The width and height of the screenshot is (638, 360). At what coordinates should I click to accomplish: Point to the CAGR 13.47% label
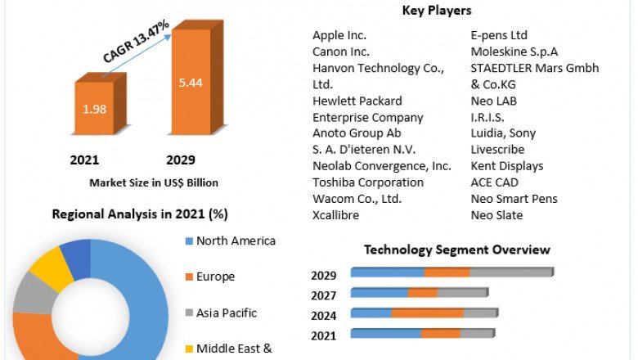point(137,43)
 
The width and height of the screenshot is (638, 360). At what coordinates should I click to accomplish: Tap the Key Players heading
point(437,11)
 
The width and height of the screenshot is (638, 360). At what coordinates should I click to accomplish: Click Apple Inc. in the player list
point(339,35)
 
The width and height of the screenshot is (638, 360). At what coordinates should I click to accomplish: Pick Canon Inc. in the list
point(341,52)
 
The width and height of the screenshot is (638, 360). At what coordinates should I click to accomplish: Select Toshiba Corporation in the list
point(368,182)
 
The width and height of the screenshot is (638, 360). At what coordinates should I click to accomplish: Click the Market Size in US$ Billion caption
point(154,182)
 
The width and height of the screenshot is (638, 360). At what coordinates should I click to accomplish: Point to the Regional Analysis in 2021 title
point(140,214)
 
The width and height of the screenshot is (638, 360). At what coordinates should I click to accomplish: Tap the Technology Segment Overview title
point(457,250)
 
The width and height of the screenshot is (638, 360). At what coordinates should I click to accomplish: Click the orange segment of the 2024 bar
point(427,313)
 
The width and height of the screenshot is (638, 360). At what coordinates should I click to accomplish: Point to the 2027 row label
point(324,295)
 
